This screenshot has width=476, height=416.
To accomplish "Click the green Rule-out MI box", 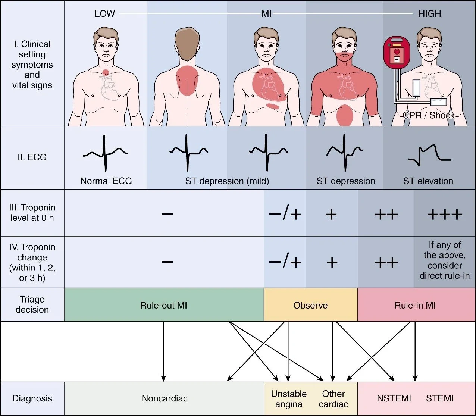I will [164, 305].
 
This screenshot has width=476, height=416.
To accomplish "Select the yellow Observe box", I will [310, 305].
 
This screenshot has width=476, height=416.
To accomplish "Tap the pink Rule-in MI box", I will [415, 305].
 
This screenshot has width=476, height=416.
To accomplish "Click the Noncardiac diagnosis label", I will [165, 398].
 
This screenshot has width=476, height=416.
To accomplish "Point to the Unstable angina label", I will [289, 399].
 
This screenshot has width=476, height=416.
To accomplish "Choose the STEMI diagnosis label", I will [439, 398].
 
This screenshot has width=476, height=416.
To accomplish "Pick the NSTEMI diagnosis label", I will [394, 398].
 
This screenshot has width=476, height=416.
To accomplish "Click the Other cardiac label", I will [333, 399].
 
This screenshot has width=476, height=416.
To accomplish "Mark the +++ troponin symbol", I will [444, 215].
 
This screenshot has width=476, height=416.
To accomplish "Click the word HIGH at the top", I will [429, 14].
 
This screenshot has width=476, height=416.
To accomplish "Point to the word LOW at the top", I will [104, 14].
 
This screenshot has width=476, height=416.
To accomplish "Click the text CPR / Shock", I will [428, 115].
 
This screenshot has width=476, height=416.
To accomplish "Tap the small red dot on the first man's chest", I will [106, 72].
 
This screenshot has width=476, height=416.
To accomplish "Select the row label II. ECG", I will [32, 157].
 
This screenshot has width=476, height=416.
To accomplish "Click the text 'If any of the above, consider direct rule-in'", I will [444, 260].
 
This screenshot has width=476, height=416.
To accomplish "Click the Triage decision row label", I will [32, 304].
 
